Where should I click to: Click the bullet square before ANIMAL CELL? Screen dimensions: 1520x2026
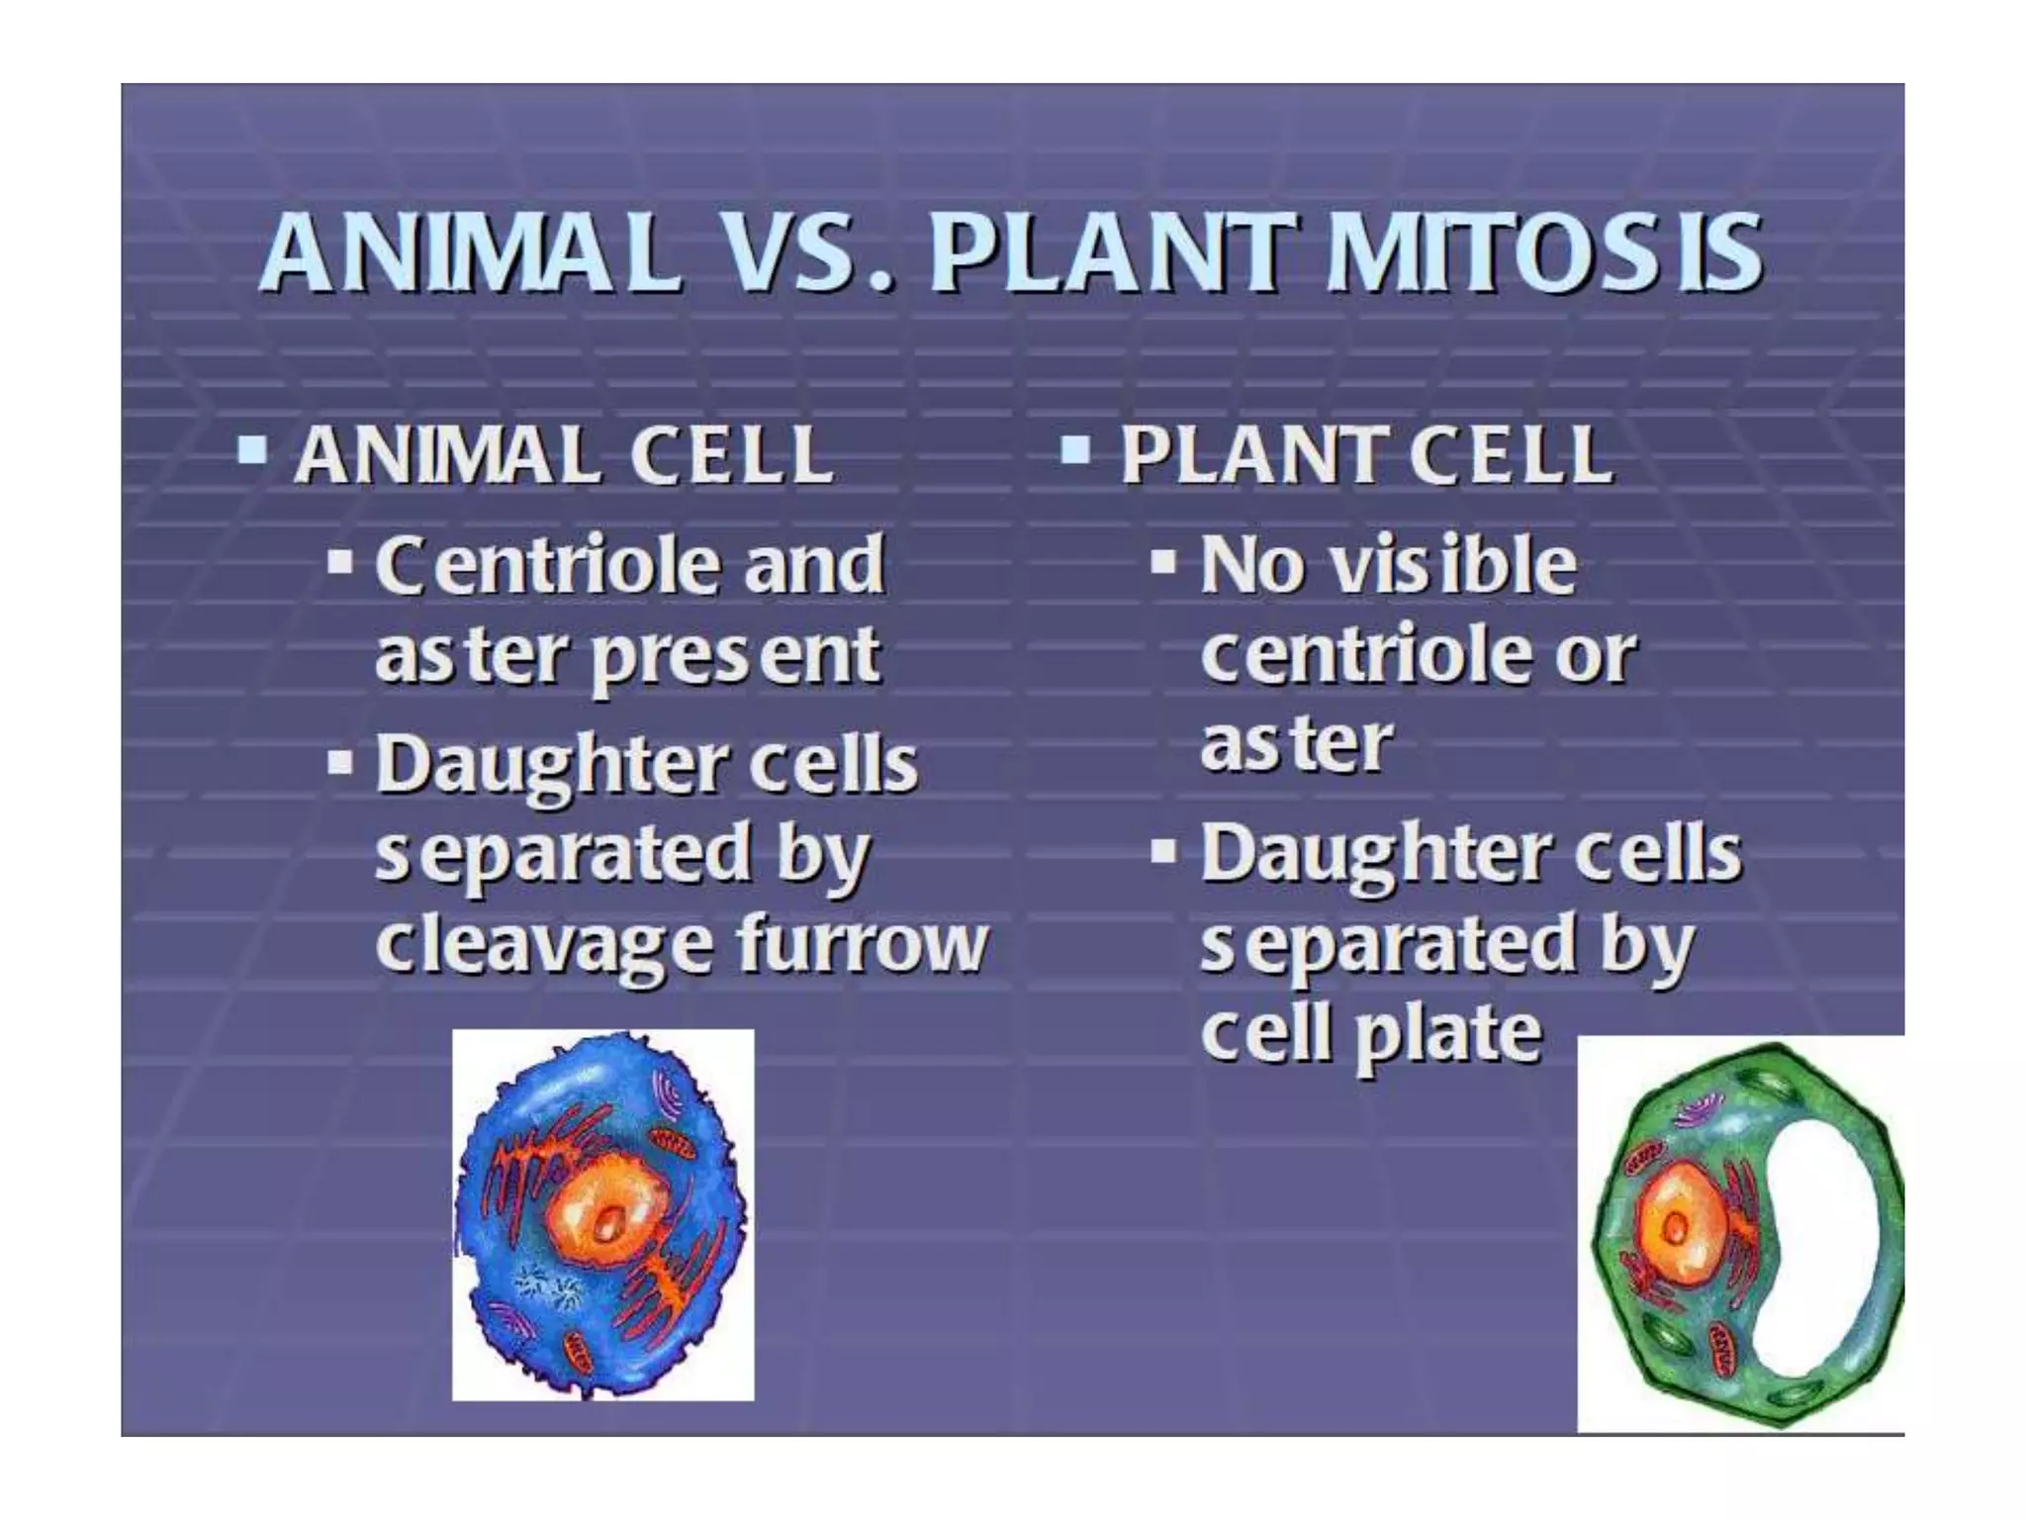(252, 451)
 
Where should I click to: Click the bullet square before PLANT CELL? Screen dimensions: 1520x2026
(1075, 451)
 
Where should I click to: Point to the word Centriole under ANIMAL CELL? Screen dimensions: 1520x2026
(547, 565)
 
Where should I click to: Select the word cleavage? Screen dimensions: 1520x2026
(543, 944)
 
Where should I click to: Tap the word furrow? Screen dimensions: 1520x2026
(862, 942)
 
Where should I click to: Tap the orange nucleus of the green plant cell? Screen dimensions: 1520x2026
(1675, 1227)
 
